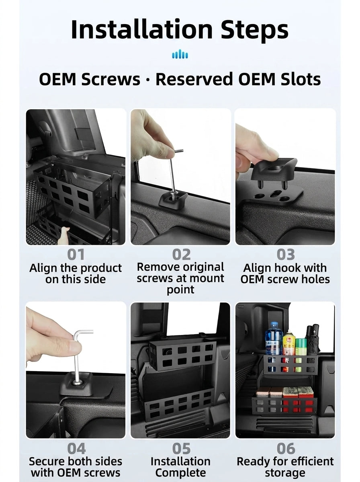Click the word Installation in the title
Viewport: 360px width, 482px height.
pos(142,29)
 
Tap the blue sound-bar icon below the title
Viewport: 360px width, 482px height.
pos(180,54)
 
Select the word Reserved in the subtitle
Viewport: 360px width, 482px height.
pos(194,79)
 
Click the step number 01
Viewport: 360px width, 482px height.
pos(76,255)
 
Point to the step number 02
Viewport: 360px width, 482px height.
pos(182,255)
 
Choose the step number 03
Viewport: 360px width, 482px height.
pos(286,255)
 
